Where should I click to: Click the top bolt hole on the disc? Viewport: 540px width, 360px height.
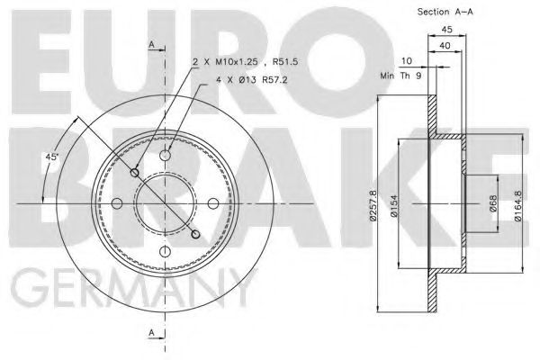point(166,157)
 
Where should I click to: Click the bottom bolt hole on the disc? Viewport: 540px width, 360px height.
point(166,251)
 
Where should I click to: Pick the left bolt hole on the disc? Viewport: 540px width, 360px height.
point(119,204)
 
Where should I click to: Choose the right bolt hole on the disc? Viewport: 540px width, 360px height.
point(212,204)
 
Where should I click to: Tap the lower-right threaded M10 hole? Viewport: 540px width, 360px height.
point(196,234)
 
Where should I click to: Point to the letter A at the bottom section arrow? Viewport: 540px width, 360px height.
point(151,333)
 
